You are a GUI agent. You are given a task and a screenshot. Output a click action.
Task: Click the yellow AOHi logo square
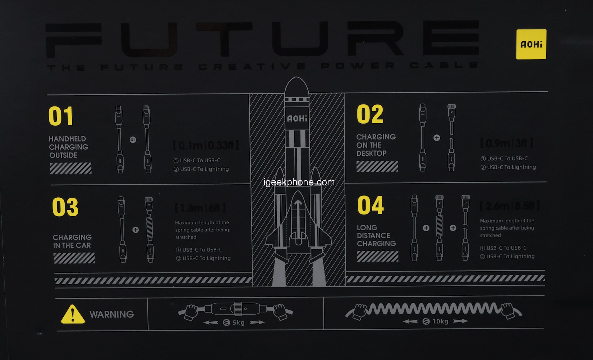pos(531,44)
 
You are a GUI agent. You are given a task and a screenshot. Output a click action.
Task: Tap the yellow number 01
pos(61,116)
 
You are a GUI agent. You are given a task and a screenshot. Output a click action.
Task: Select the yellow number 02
pos(370,114)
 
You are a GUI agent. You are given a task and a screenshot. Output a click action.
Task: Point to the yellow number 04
pos(371,205)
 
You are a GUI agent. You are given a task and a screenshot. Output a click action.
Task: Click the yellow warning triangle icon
pos(73,315)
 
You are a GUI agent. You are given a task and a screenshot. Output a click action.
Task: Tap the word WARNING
pos(111,314)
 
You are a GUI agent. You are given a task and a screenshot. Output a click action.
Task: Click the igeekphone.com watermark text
pos(299,182)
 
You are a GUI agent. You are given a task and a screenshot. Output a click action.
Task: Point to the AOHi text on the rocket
pos(297,119)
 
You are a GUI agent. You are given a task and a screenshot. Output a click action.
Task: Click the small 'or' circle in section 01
pos(133,140)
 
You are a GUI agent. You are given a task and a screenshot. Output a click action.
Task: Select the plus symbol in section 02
pos(437,138)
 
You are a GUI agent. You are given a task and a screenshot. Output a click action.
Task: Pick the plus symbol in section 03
pos(135,230)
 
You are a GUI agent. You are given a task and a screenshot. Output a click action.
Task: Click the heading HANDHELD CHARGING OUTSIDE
pos(68,147)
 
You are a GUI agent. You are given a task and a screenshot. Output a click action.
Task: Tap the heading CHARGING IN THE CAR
pos(72,241)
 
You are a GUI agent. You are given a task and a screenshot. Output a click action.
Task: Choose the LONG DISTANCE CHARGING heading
pos(376,236)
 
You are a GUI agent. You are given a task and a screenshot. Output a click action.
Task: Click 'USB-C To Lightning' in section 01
pos(204,169)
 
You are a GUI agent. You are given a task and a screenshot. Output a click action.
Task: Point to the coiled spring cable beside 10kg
pos(433,308)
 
